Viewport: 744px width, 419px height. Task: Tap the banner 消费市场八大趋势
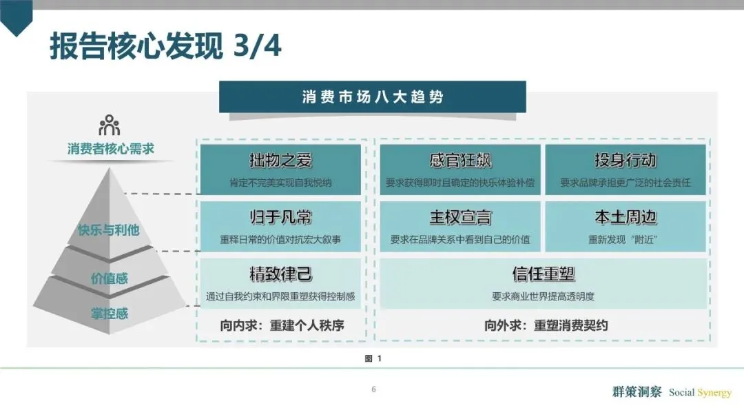pos(372,96)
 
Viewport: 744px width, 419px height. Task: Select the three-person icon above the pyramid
pos(110,125)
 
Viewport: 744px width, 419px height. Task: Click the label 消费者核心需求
pos(110,149)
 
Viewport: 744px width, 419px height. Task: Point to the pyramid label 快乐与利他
pos(109,229)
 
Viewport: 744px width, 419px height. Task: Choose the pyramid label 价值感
pos(110,278)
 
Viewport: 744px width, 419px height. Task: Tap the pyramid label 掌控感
pos(110,314)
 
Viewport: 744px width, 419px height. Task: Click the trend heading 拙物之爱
pos(280,161)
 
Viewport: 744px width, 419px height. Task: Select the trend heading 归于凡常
pos(280,218)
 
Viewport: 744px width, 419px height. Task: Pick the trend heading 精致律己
pos(280,274)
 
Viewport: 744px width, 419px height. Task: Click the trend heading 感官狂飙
pos(460,161)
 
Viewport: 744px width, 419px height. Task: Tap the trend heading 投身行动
pos(626,161)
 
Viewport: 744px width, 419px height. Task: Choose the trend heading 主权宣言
pos(460,218)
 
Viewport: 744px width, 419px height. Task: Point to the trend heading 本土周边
pos(626,218)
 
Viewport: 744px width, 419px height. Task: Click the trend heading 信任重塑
pos(544,274)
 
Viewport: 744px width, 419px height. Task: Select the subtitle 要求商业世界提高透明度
pos(544,297)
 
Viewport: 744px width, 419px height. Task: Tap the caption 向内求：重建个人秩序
pos(282,325)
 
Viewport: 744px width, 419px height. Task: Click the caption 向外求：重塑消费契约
pos(546,325)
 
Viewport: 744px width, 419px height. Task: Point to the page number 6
pos(373,389)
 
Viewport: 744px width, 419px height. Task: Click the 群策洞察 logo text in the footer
pos(637,392)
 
